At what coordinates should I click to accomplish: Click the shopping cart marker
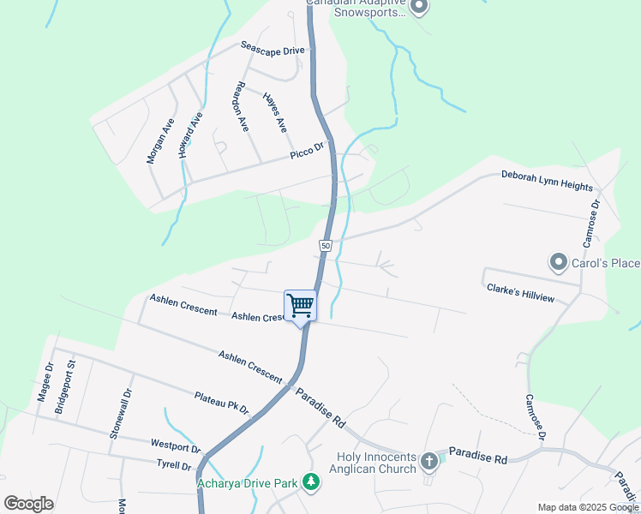[x=300, y=306]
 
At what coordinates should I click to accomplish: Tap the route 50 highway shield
[x=326, y=246]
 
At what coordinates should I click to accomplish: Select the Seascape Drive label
[x=273, y=51]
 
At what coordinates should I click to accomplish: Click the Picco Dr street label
[x=307, y=152]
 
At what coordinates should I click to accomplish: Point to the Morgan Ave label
[x=159, y=141]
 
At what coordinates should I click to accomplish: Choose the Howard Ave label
[x=189, y=134]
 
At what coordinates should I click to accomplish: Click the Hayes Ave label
[x=275, y=112]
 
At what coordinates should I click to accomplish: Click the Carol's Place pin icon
[x=559, y=261]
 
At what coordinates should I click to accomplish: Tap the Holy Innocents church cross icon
[x=429, y=463]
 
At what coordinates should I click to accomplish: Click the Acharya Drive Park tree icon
[x=312, y=484]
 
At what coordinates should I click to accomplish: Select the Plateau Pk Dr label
[x=221, y=403]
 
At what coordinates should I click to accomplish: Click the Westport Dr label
[x=175, y=446]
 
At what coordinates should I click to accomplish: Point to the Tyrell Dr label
[x=175, y=465]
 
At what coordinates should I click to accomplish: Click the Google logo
[x=28, y=504]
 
